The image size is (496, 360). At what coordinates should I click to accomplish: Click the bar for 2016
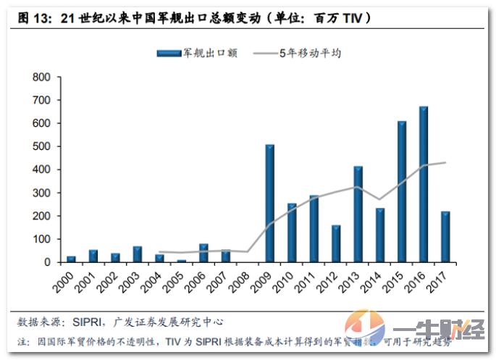tap(424, 184)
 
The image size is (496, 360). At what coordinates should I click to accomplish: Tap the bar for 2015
tap(401, 191)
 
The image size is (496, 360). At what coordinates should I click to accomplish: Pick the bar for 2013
tap(358, 214)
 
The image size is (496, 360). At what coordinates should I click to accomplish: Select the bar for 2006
tap(203, 253)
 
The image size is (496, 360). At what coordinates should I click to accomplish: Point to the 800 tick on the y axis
tap(41, 77)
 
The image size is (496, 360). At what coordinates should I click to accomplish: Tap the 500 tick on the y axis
tap(41, 146)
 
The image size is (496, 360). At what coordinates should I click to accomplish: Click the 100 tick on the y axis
tap(41, 239)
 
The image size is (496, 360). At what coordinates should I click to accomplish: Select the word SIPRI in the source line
tap(92, 321)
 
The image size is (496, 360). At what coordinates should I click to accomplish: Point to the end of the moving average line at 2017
tap(445, 162)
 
